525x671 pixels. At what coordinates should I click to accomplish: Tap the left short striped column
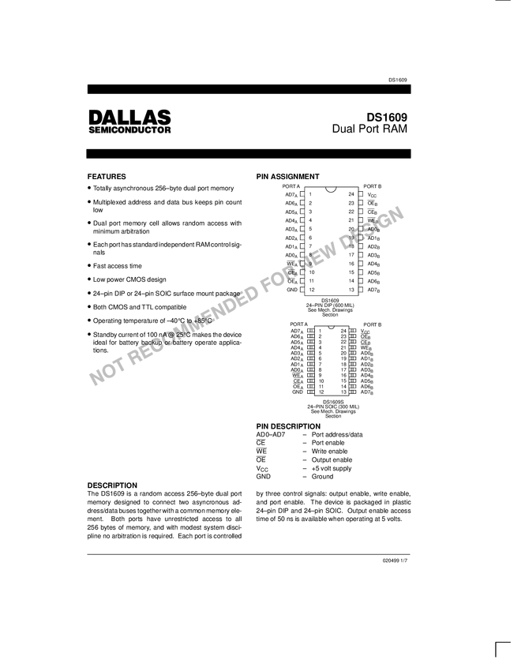(x=312, y=361)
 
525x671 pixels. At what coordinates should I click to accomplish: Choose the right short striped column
(x=351, y=361)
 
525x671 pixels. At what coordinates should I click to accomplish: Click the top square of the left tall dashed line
(x=302, y=192)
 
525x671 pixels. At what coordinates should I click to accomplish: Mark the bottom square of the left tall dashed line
(x=302, y=291)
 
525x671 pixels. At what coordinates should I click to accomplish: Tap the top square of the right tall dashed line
(x=362, y=192)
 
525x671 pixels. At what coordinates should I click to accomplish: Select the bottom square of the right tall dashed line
(x=362, y=291)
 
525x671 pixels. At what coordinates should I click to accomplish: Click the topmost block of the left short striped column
(x=312, y=330)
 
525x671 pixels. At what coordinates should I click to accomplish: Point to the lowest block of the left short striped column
(x=312, y=392)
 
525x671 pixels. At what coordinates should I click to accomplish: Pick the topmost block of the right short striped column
(x=351, y=330)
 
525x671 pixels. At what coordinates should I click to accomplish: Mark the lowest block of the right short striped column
(x=351, y=392)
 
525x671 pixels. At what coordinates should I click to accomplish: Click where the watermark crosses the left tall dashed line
(x=302, y=270)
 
